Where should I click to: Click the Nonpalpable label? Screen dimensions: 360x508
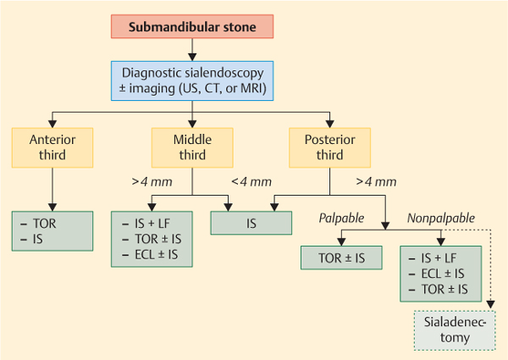(435, 218)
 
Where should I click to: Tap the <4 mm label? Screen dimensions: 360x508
(252, 181)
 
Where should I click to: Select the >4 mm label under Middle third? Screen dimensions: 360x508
(148, 181)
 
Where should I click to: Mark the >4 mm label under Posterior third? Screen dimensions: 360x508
(376, 181)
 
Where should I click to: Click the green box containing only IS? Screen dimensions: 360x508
(251, 223)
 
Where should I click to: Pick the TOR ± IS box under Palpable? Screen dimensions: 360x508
(342, 258)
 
